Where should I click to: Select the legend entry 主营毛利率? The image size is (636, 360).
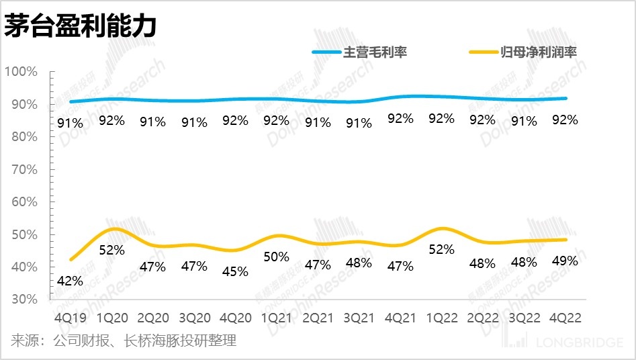375,52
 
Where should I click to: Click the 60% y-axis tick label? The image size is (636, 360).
24,201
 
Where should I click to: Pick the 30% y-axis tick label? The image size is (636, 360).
24,299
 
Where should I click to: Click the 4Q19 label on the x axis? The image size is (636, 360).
70,316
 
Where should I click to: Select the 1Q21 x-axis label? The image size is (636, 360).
276,316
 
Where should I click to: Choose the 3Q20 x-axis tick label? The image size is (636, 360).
194,316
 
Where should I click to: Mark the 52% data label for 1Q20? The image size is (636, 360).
112,250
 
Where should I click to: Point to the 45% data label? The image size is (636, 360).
235,271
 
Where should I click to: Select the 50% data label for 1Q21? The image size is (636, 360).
276,257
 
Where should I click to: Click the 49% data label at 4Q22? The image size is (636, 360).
564,261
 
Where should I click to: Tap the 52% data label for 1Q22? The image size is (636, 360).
441,250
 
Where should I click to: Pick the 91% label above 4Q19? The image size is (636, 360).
70,122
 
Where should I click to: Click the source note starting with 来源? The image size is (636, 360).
124,341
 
